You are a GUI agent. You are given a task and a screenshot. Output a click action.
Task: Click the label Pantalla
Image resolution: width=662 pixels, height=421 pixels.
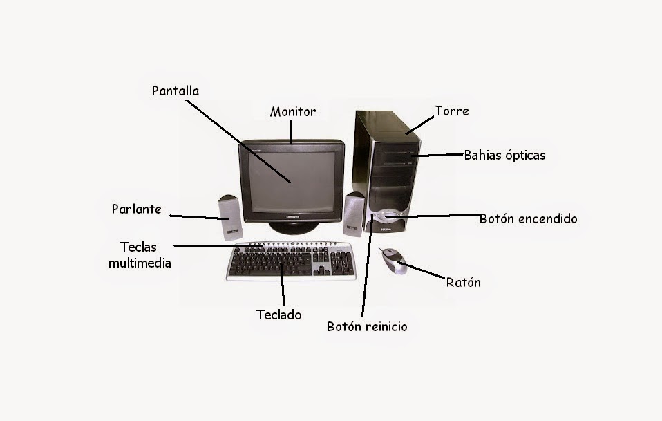coord(176,91)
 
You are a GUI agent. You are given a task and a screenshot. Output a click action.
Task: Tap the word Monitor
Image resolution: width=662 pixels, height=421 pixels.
coord(293,112)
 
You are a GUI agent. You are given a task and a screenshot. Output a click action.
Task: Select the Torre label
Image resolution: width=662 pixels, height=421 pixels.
coord(452,111)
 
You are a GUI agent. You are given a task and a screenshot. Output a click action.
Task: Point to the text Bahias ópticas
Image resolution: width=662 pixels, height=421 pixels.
coord(504,156)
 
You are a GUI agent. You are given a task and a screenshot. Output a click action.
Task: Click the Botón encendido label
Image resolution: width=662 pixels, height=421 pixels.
coord(528,219)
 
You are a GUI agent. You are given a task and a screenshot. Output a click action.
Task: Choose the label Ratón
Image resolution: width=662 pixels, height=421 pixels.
coord(463,282)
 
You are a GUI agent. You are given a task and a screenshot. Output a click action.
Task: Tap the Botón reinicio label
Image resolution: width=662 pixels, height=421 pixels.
coord(367,326)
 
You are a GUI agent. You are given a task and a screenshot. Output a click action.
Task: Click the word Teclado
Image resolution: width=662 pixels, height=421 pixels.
coord(279,315)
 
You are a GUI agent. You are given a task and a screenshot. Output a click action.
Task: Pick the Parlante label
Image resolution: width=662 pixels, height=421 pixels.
coord(137,209)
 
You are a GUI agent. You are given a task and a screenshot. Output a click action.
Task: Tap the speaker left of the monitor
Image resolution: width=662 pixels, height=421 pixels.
coord(230,216)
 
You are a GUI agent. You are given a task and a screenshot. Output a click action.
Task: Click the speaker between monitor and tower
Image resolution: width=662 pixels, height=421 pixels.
coord(354,213)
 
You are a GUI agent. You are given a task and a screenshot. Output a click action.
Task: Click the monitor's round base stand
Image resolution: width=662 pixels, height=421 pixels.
coord(293,227)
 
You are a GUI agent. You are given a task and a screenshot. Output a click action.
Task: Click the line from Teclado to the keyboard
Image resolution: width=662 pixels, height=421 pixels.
coord(283,290)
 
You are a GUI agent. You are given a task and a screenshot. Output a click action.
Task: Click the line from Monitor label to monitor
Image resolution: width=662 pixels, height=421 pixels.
coord(292,131)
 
